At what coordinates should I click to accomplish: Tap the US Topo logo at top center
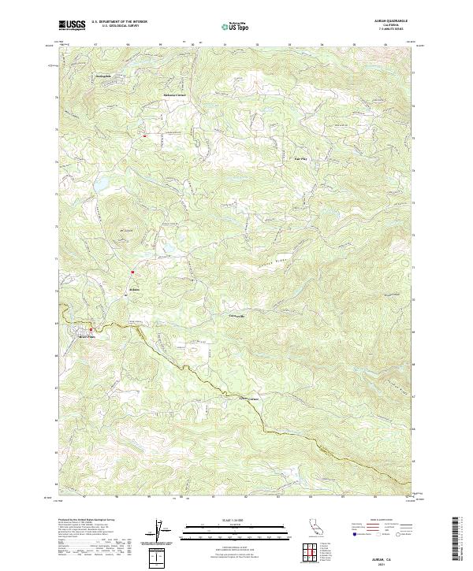[236, 26]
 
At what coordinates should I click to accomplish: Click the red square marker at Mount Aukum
[91, 329]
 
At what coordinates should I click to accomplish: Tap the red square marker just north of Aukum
[132, 273]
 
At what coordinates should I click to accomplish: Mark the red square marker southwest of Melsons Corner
[145, 135]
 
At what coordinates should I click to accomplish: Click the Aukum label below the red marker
[134, 289]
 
